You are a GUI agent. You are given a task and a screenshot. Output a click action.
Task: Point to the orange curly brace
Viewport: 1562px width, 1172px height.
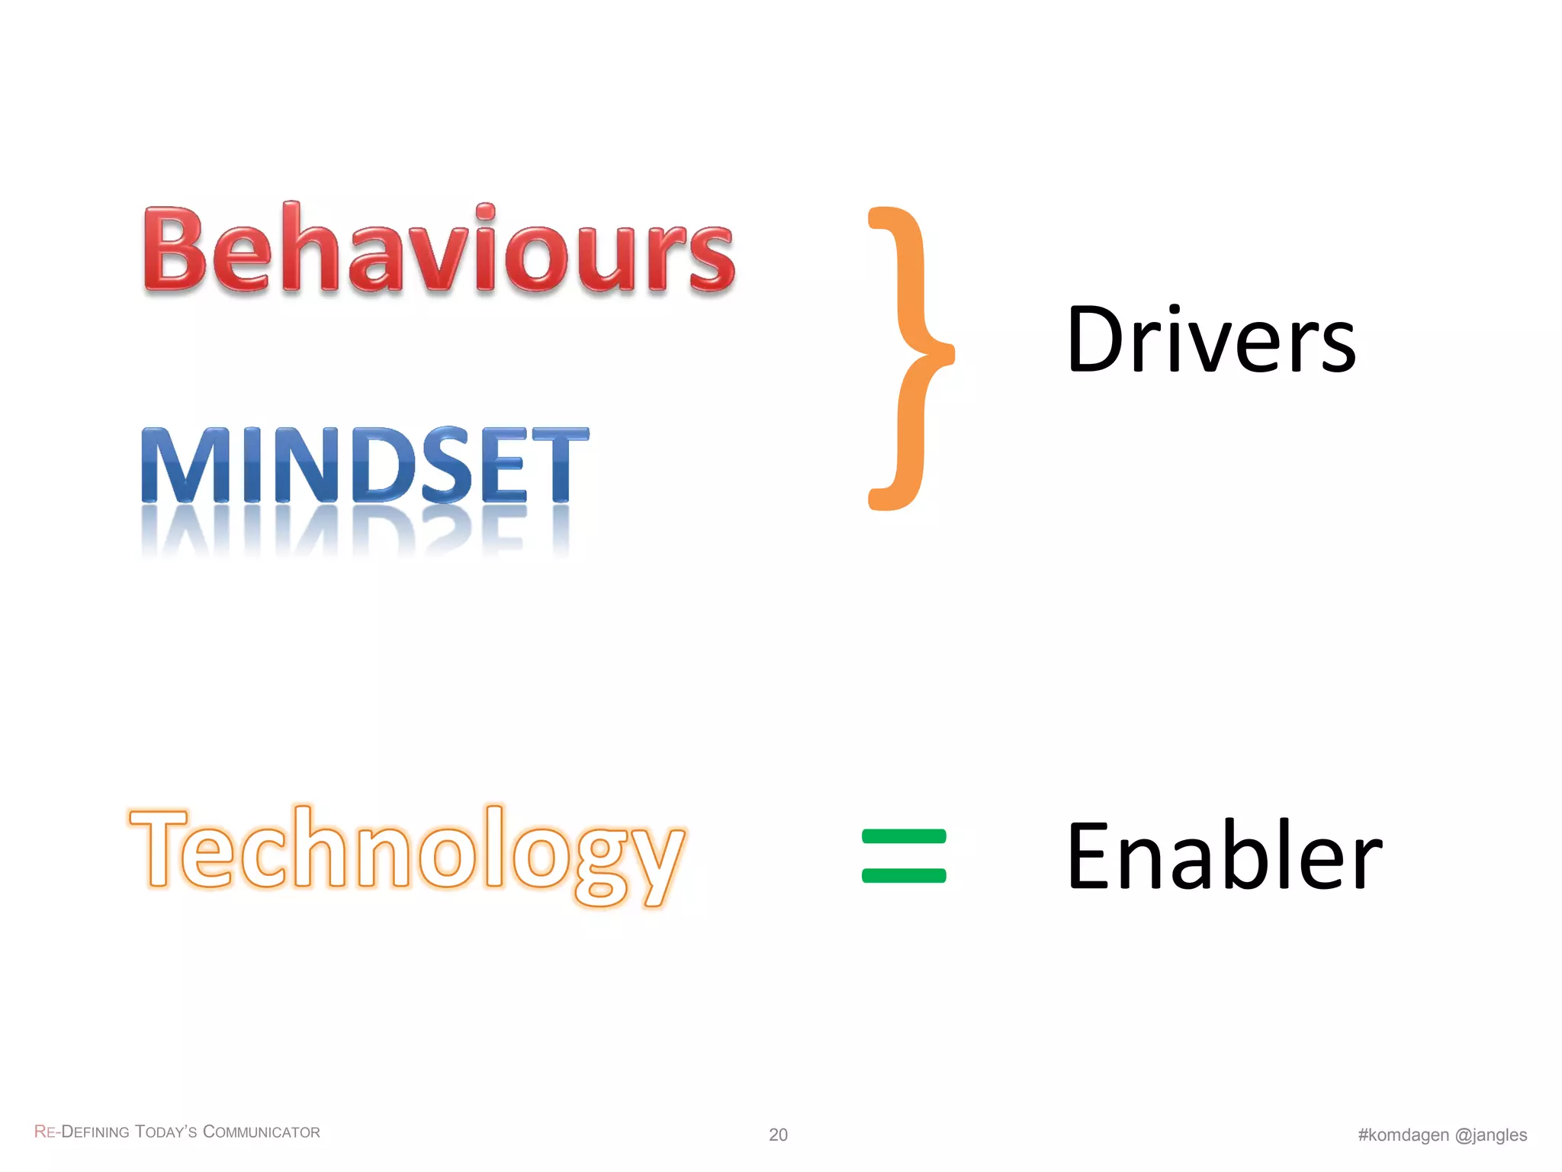pyautogui.click(x=909, y=357)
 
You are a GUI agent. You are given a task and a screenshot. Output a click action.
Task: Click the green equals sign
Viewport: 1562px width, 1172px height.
pyautogui.click(x=904, y=856)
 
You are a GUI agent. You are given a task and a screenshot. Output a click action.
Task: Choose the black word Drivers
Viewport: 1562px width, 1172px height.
pyautogui.click(x=1211, y=341)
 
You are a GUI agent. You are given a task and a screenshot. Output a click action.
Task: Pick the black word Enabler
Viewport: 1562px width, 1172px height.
pyautogui.click(x=1224, y=856)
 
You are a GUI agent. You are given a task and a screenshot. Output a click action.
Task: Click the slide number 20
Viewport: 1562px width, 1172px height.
pyautogui.click(x=778, y=1135)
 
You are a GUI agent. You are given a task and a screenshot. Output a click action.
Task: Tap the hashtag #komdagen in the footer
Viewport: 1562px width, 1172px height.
pyautogui.click(x=1403, y=1135)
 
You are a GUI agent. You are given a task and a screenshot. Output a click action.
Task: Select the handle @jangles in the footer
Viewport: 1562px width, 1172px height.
pyautogui.click(x=1491, y=1135)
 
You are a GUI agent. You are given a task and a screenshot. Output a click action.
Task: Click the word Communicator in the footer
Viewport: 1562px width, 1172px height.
pyautogui.click(x=262, y=1132)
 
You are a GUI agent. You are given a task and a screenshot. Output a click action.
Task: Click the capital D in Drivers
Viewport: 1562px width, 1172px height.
pyautogui.click(x=1097, y=341)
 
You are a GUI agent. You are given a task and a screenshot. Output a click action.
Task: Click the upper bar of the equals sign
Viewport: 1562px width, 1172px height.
pyautogui.click(x=904, y=836)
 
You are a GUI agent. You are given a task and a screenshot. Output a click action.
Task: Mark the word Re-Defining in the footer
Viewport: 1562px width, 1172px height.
pyautogui.click(x=82, y=1132)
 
